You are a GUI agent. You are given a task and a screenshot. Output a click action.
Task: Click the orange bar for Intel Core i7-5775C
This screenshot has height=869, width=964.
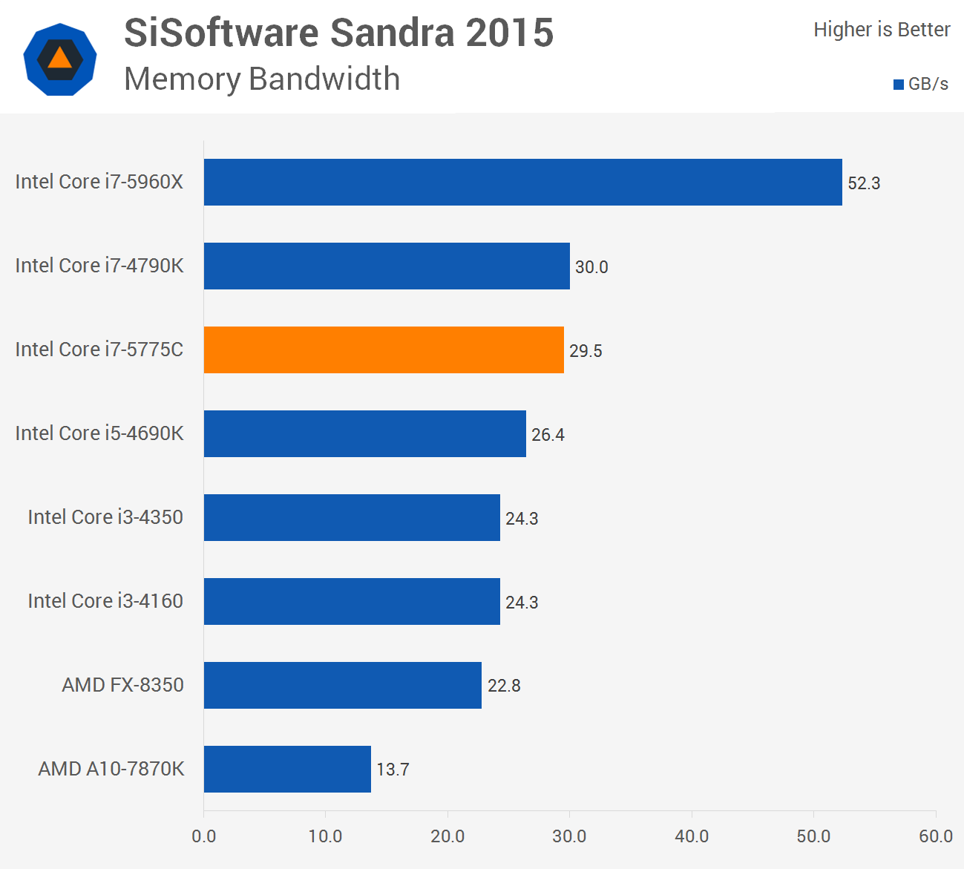pos(384,350)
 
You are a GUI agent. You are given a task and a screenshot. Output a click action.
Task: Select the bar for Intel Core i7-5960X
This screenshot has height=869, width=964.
pos(522,182)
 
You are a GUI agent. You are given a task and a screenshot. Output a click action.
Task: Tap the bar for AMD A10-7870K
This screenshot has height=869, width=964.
pos(287,769)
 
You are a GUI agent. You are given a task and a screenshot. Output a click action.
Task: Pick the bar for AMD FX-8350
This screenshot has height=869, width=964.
pos(342,685)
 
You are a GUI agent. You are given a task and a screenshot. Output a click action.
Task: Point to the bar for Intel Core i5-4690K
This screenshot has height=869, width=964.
pos(364,433)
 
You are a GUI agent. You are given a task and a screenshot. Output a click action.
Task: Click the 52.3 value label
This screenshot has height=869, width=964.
pos(864,183)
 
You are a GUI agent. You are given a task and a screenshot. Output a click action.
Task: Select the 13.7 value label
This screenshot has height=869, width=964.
pos(393,770)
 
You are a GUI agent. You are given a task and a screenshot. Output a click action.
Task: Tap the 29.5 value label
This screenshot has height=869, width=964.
pos(586,351)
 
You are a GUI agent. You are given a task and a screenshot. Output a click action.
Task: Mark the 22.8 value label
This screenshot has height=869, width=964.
pos(504,686)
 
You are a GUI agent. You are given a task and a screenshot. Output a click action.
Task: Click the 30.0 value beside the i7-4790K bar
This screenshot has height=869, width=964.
pos(591,267)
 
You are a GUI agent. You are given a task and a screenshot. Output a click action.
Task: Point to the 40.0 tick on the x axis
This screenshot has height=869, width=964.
pos(692,836)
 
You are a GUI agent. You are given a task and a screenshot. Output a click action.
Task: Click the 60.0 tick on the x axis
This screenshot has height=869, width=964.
pos(935,836)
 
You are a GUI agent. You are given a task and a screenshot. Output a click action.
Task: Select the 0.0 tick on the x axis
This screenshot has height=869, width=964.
pos(204,836)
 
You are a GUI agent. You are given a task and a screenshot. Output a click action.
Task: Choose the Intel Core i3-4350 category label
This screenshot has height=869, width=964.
pos(105,517)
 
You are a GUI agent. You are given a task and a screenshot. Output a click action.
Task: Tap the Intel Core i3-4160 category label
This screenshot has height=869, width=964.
pos(105,601)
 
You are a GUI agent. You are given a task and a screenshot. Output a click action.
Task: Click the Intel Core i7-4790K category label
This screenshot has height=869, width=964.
pos(99,266)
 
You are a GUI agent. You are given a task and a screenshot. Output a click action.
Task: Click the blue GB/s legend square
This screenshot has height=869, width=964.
pos(898,85)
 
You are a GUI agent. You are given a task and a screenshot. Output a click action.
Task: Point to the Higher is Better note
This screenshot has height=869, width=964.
pos(882,30)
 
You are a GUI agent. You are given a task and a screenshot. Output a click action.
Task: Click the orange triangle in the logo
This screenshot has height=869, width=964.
pos(59,59)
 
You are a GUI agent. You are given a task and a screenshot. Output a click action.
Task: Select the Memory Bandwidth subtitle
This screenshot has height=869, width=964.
pos(262,79)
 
